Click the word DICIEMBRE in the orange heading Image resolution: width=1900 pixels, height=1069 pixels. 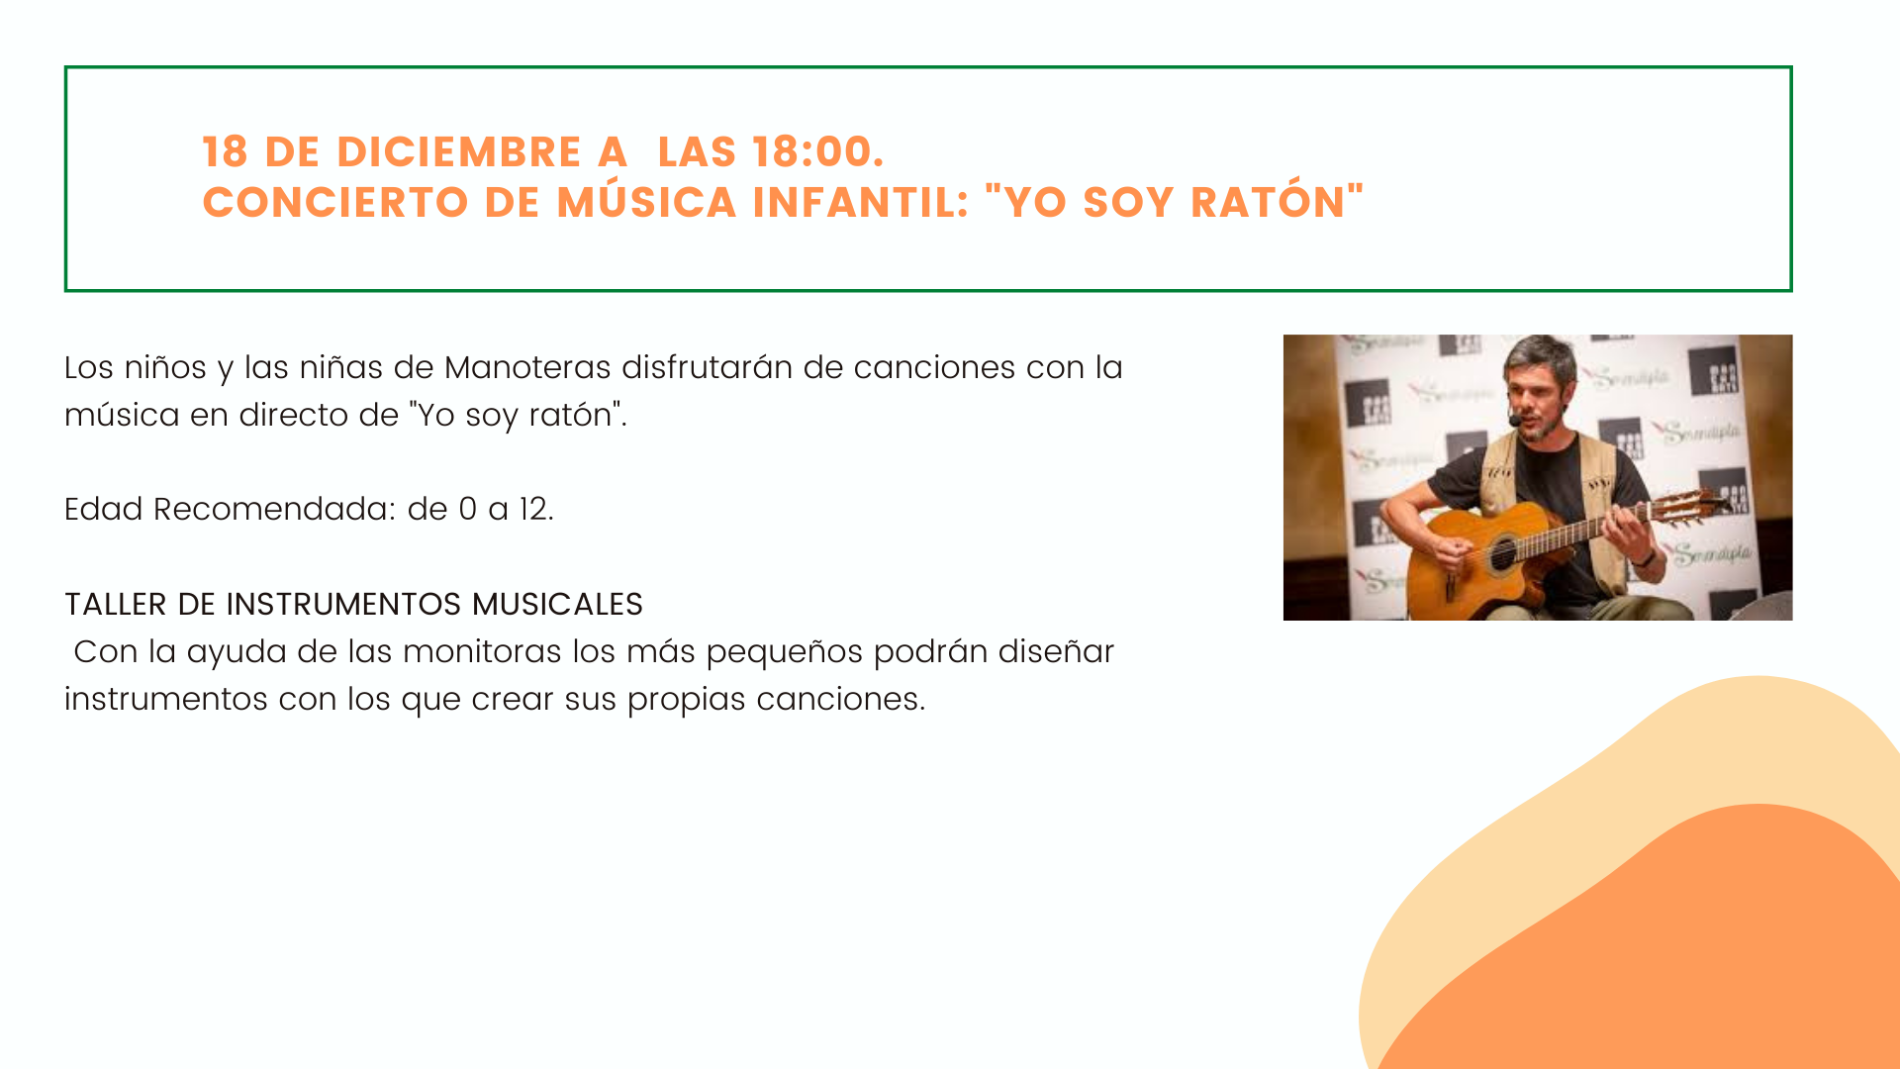point(459,151)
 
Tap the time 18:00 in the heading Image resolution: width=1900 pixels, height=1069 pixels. point(817,151)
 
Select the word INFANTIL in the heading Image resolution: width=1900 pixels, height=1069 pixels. point(861,202)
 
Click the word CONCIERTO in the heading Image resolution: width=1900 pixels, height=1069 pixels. point(335,202)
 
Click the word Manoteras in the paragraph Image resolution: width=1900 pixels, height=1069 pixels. point(527,367)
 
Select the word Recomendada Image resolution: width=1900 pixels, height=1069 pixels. point(274,509)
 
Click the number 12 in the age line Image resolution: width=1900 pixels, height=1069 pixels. point(535,509)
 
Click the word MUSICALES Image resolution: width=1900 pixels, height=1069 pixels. point(557,604)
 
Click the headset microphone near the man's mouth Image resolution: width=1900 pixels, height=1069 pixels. point(1514,421)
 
